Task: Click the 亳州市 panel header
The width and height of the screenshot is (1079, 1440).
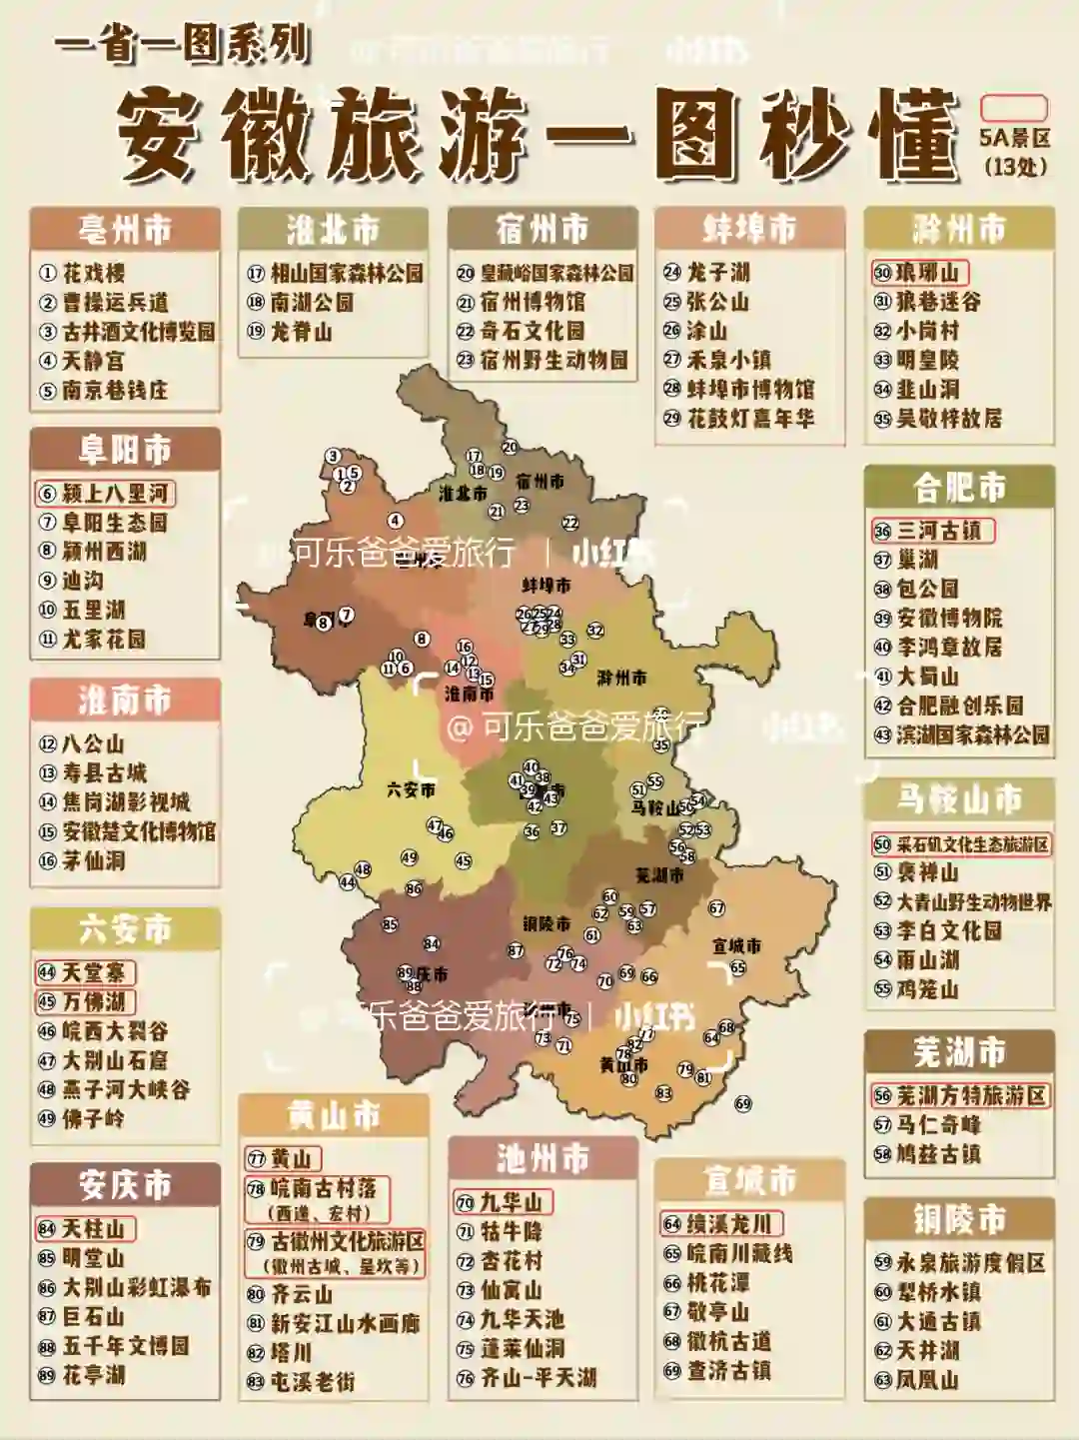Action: click(x=125, y=230)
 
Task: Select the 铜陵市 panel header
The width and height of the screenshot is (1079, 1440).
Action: click(x=959, y=1220)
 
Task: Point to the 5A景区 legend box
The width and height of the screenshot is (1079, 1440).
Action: click(x=1014, y=108)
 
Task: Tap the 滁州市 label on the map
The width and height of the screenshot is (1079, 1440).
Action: click(x=621, y=678)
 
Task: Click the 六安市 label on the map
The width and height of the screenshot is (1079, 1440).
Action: click(x=411, y=789)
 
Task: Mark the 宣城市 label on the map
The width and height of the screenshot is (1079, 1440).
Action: click(x=736, y=945)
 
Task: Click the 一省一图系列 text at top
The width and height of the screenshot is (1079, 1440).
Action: click(x=183, y=46)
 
